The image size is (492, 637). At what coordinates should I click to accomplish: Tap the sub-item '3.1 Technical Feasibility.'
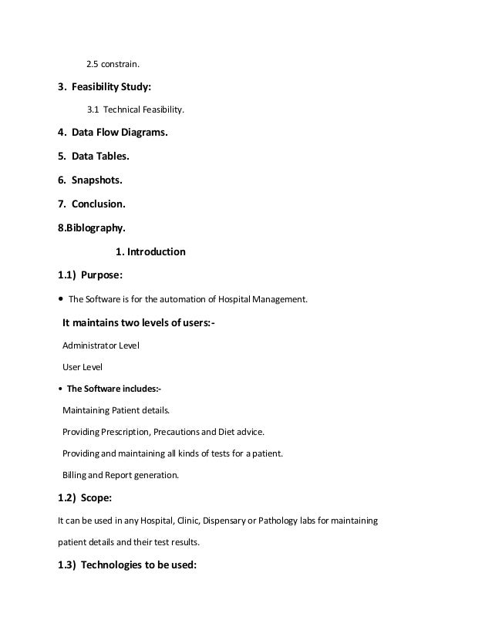click(x=136, y=110)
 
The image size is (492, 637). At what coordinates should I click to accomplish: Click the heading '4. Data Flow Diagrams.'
click(x=113, y=133)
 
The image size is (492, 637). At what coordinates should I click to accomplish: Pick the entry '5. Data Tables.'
click(x=94, y=157)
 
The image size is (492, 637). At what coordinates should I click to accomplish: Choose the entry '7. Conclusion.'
click(x=92, y=204)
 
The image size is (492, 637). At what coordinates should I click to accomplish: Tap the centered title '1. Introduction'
click(x=150, y=251)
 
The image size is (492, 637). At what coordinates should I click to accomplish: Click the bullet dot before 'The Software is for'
click(x=61, y=299)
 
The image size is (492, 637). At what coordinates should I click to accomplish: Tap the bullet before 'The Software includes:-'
click(x=61, y=389)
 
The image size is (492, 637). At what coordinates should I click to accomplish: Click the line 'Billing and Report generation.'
click(x=120, y=476)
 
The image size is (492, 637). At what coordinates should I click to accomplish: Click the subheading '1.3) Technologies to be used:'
click(x=127, y=565)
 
